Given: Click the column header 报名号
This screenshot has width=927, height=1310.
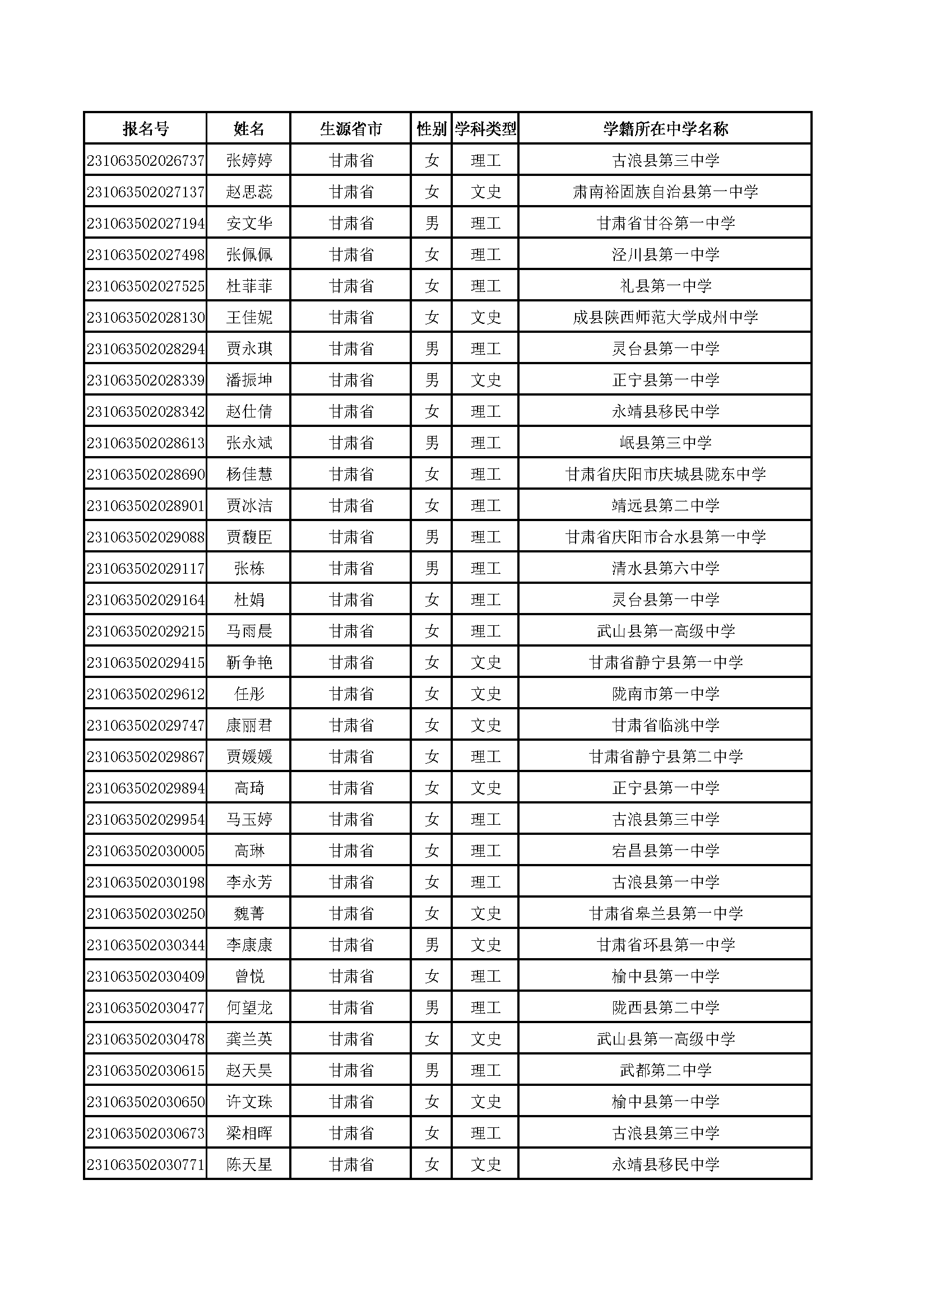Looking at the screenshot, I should (x=146, y=129).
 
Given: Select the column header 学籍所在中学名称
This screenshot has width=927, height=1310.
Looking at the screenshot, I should (x=665, y=129).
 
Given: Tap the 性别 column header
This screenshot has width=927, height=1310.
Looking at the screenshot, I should (x=432, y=129).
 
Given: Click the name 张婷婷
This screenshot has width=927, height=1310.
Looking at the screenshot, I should (x=249, y=160).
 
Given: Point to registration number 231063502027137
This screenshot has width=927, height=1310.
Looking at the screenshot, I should (x=146, y=192).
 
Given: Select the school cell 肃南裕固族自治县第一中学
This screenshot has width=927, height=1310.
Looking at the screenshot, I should (x=665, y=192).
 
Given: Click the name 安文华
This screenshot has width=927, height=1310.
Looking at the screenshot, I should (x=249, y=223).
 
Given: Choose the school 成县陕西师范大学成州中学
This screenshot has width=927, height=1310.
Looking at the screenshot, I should (x=665, y=317).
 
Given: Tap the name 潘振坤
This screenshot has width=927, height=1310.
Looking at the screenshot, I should (x=249, y=380).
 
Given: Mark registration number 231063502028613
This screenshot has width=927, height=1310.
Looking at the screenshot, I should (x=146, y=443).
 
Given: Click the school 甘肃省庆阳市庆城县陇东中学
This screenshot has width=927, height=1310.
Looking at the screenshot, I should (x=665, y=474).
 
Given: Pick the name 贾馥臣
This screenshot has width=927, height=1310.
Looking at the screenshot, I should (x=249, y=537).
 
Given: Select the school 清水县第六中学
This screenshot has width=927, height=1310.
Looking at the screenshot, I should (x=665, y=568).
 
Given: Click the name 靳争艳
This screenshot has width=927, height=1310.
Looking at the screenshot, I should (x=249, y=662).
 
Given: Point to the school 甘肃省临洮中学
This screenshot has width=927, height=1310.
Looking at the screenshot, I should (x=665, y=725).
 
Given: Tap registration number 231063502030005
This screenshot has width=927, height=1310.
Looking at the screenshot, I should (x=146, y=851).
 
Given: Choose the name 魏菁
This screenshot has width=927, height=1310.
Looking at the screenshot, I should (x=249, y=913).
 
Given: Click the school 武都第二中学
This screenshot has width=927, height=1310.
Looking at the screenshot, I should (x=665, y=1070).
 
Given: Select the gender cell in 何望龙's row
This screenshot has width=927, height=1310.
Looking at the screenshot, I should (x=432, y=1007).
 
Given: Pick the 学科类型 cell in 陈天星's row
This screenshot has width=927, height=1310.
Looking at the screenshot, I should (x=485, y=1164).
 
